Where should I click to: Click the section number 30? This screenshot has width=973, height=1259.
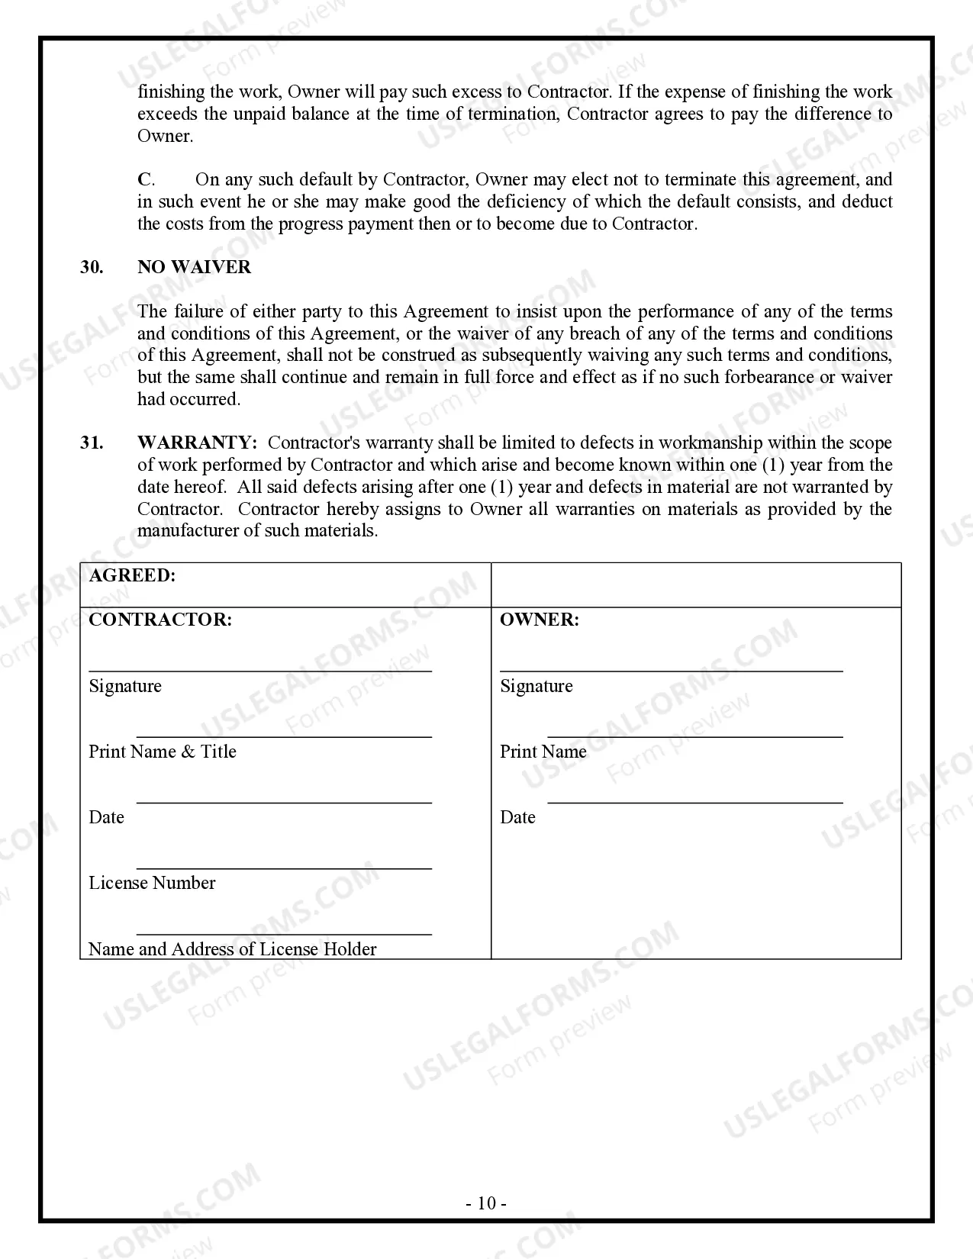92,267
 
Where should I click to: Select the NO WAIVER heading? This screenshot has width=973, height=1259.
194,267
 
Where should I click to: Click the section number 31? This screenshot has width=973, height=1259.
92,443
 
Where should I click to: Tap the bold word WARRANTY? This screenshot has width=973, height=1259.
197,443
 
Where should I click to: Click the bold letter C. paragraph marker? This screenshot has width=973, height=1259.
145,179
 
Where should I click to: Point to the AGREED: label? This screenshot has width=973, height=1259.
132,576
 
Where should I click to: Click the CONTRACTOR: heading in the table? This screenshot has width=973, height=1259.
160,620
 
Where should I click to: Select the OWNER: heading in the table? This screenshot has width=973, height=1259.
540,620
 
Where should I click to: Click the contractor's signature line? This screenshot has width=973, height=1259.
260,671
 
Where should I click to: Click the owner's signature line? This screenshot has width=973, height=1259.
672,671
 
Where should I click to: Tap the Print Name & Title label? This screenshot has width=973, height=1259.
163,752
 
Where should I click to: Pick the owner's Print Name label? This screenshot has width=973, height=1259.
543,752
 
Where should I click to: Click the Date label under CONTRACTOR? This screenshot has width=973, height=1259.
106,817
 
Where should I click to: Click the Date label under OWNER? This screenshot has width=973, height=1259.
517,817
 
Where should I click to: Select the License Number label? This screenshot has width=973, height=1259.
152,883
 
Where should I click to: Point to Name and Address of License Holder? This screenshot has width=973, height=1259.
233,949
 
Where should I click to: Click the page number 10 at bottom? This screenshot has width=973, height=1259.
486,1203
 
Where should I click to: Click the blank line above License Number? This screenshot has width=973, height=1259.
284,868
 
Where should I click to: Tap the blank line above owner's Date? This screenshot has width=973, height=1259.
695,803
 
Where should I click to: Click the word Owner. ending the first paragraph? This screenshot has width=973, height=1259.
166,136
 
